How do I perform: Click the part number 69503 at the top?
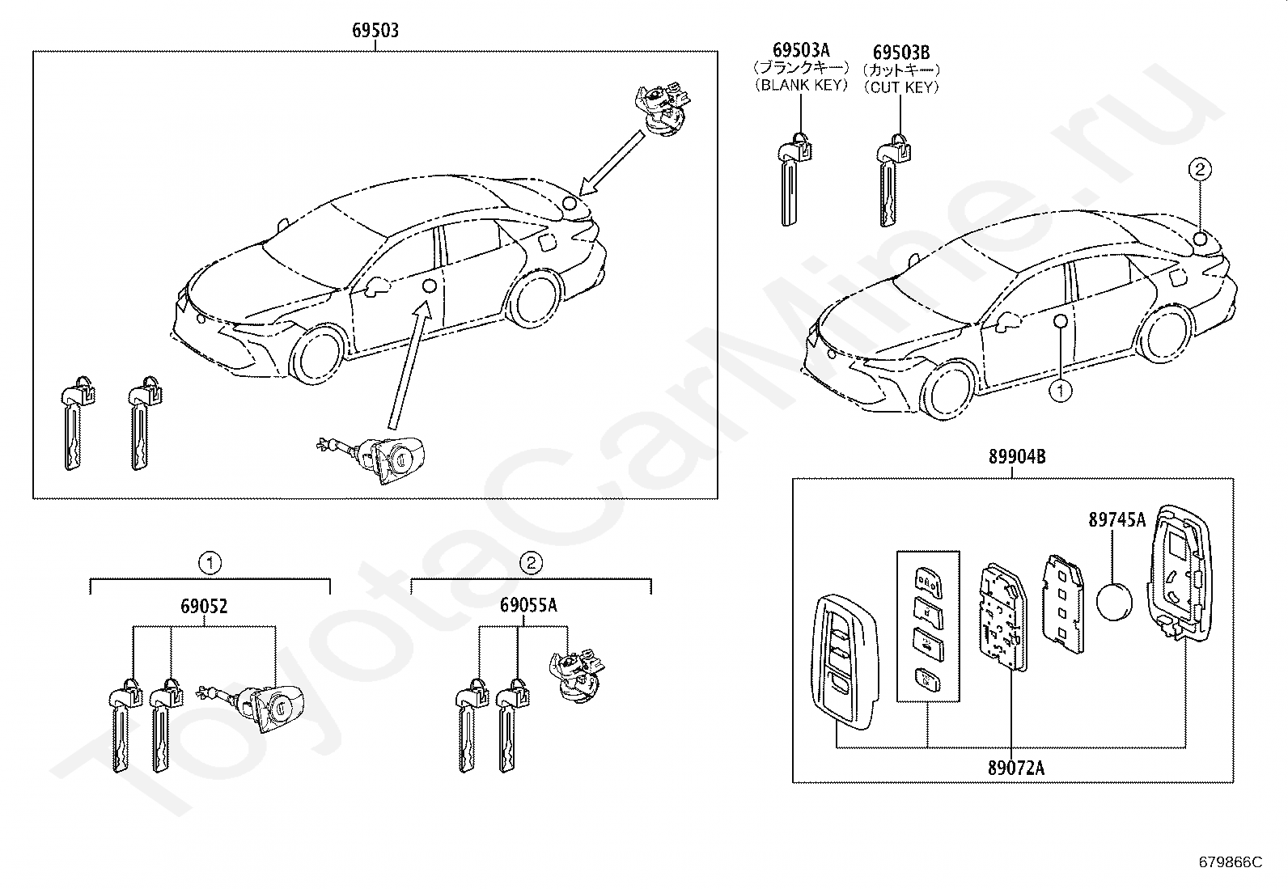point(375,32)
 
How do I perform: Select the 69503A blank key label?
point(800,52)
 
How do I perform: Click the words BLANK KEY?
point(800,84)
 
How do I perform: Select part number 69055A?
point(528,606)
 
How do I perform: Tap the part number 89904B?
point(1016,457)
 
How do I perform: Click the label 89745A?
point(1116,520)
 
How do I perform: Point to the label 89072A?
point(1015,768)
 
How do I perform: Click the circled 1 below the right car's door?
point(1060,392)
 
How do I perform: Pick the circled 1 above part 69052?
point(210,562)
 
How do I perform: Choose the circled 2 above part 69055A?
point(531,562)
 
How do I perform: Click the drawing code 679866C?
point(1230,862)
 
